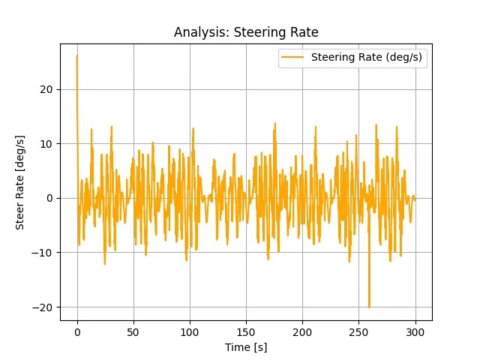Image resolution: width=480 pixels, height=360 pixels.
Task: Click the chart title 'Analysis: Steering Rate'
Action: tap(245, 32)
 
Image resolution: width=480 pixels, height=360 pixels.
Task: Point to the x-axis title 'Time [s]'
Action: tap(245, 347)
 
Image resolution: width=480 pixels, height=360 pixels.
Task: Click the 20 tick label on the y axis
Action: tap(46, 89)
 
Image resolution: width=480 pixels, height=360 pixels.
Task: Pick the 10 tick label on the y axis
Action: tap(46, 143)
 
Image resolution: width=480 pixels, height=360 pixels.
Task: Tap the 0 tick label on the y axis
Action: tap(49, 198)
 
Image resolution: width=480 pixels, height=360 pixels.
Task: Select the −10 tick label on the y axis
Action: tap(43, 253)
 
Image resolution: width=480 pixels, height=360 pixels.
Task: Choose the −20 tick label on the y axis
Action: tap(43, 307)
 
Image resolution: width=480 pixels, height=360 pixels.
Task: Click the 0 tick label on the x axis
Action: tap(77, 331)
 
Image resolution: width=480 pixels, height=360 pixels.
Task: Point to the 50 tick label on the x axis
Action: tap(133, 331)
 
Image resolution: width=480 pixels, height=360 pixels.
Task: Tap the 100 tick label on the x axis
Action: tap(190, 331)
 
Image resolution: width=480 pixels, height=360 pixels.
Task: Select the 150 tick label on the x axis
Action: tap(246, 331)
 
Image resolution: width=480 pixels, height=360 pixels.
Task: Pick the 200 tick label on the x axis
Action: tap(302, 331)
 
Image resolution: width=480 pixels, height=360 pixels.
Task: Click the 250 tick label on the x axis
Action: tap(358, 331)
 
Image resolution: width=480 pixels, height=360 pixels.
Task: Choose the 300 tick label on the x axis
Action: tap(415, 331)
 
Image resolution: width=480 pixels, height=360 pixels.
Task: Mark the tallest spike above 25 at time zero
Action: tap(76, 56)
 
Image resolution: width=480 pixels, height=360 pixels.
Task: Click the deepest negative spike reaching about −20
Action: tap(369, 306)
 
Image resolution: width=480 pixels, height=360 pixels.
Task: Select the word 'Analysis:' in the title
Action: tap(198, 32)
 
